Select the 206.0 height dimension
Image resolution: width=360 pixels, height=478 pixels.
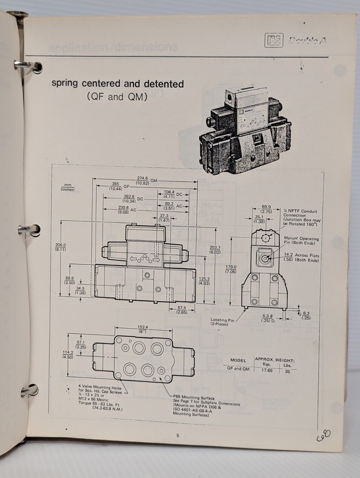60,245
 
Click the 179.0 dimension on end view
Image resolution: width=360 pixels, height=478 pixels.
231,269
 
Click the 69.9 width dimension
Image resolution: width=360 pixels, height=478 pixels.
267,207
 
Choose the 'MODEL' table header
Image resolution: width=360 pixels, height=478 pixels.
238,360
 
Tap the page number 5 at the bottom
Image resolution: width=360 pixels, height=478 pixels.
177,435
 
